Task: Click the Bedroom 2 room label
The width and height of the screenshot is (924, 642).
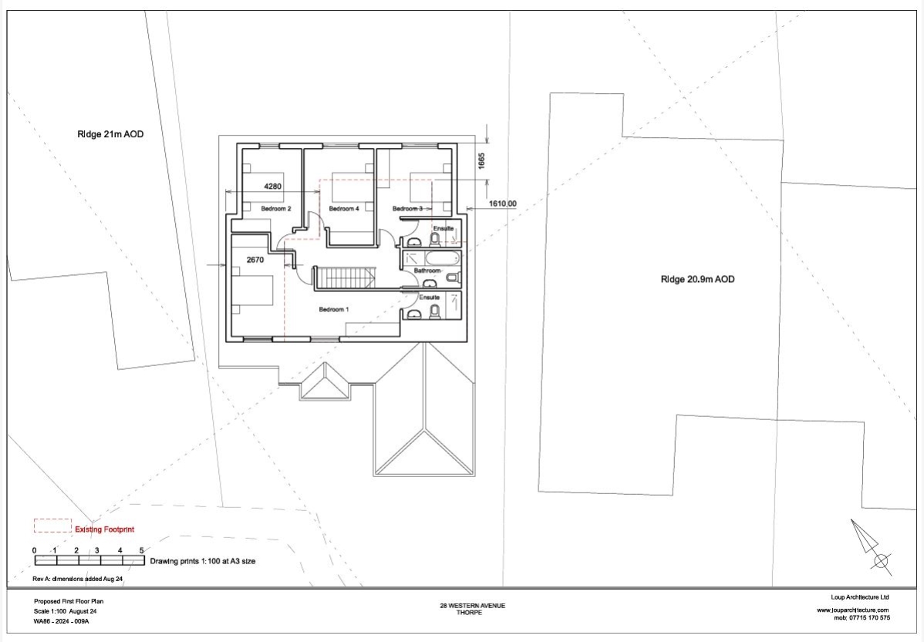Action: coord(276,209)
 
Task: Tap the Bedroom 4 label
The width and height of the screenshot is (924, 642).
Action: coord(344,209)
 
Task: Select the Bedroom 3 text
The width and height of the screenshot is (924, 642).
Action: coord(408,209)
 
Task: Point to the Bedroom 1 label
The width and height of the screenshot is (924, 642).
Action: coord(334,309)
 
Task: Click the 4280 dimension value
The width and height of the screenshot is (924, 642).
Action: coord(272,186)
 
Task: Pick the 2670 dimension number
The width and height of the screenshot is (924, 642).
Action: coord(255,260)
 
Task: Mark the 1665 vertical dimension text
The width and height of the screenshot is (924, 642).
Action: coord(481,161)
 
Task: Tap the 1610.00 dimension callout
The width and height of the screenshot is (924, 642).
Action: coord(503,203)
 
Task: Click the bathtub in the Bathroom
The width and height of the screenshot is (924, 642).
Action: coord(442,258)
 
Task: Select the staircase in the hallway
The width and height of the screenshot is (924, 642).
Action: coord(344,277)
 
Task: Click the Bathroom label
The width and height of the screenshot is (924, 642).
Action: coord(427,271)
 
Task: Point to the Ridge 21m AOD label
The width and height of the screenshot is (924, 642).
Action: coord(110,134)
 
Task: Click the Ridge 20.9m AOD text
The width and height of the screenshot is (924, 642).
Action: coord(698,279)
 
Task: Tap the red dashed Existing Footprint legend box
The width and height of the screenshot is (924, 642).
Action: coord(52,526)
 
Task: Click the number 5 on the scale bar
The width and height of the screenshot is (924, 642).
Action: coord(141,551)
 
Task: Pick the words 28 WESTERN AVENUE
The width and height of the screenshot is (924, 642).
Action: coord(473,606)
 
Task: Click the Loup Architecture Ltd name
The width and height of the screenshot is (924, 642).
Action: coord(860,597)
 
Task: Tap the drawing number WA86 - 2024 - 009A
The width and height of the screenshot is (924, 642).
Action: coord(61,620)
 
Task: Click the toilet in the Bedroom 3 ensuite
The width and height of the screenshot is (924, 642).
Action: coord(435,239)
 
